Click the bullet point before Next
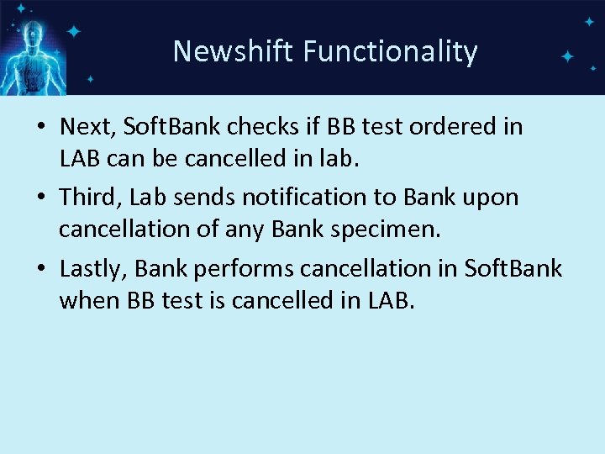41,128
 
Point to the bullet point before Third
41,198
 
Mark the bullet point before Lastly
41,270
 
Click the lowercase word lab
341,157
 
